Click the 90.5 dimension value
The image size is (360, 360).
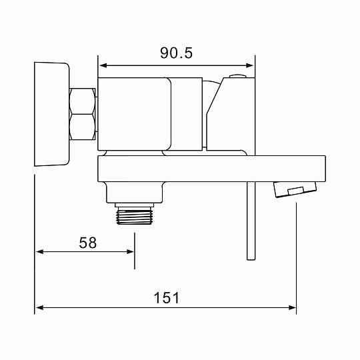176,53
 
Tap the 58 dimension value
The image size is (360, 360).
88,243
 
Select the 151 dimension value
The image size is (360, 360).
167,298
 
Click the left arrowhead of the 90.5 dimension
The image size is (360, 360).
103,65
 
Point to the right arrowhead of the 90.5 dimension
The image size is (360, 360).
249,65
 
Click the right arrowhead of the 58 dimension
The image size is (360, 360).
130,251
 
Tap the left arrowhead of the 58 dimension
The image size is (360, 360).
40,251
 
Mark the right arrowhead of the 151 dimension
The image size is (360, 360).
292,307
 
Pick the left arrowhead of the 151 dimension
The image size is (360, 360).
40,307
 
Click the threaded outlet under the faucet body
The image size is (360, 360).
135,215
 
